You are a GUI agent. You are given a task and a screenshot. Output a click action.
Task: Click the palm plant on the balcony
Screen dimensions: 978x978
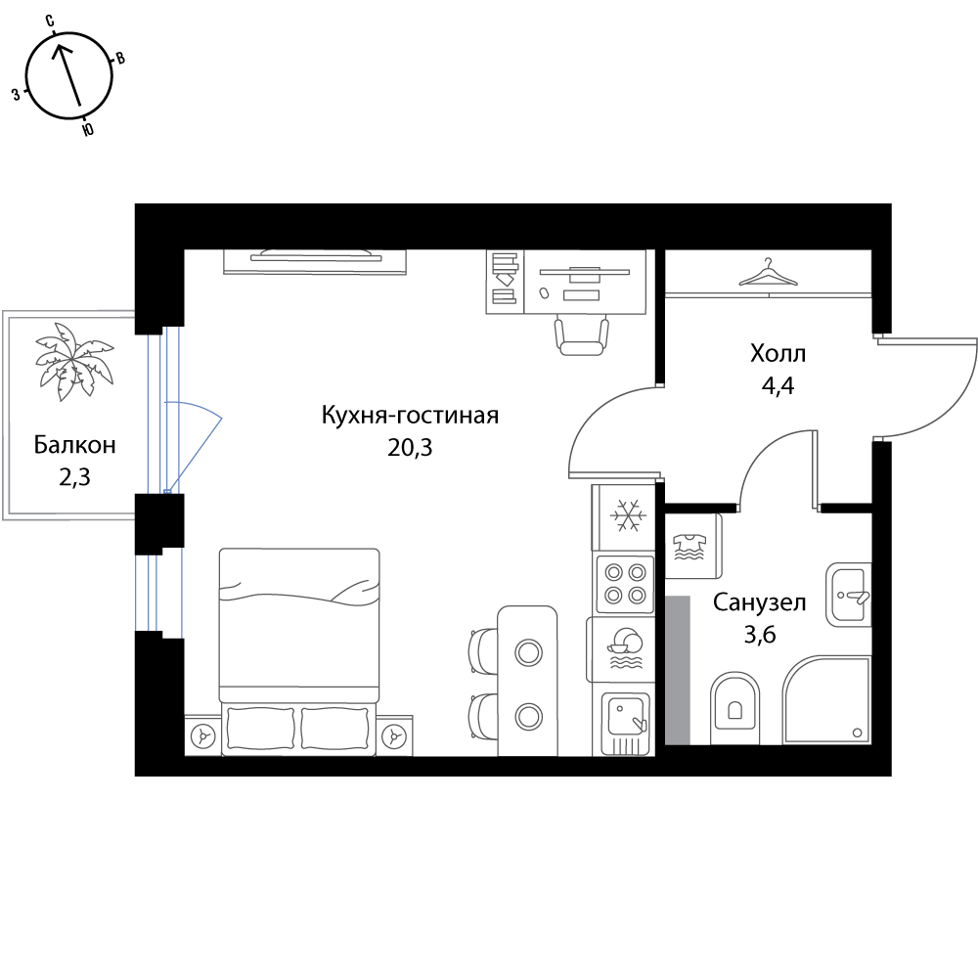[x=74, y=362]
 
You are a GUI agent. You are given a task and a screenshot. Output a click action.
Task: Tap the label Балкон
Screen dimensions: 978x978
[x=75, y=445]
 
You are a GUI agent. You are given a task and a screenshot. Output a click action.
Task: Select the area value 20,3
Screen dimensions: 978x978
[x=410, y=447]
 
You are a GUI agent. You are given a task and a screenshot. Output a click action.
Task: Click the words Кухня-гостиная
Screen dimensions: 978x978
[x=410, y=415]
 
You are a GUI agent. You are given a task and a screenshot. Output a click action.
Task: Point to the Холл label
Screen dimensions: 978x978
[x=778, y=354]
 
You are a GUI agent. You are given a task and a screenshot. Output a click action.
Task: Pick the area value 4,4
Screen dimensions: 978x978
[x=778, y=386]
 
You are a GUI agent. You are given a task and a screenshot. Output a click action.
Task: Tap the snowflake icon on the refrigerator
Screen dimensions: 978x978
[x=628, y=515]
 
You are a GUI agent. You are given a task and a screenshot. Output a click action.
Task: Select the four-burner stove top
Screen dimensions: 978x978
[x=625, y=583]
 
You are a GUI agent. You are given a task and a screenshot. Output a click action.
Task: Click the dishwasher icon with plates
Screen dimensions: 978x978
[x=624, y=648]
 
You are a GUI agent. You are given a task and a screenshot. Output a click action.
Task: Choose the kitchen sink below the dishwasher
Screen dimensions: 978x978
[x=626, y=723]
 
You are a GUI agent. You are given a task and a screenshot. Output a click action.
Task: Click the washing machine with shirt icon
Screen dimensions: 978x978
[x=693, y=546]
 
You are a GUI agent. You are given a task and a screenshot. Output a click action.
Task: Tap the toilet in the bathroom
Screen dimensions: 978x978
[x=734, y=707]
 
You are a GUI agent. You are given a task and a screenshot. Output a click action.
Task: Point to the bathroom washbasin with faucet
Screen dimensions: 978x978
[x=848, y=595]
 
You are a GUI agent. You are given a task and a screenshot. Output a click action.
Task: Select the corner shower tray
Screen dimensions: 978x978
[x=826, y=700]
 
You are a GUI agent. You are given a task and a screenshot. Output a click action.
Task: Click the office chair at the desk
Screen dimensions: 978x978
[x=581, y=335]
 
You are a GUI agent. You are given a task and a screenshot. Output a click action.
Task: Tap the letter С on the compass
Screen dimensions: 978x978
[x=50, y=22]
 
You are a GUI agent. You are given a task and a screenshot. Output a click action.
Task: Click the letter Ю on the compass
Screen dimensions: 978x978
[x=88, y=129]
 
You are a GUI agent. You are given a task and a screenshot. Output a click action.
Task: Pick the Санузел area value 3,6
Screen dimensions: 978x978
[x=760, y=635]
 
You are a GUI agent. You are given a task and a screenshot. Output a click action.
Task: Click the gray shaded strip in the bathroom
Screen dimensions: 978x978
[x=678, y=670]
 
